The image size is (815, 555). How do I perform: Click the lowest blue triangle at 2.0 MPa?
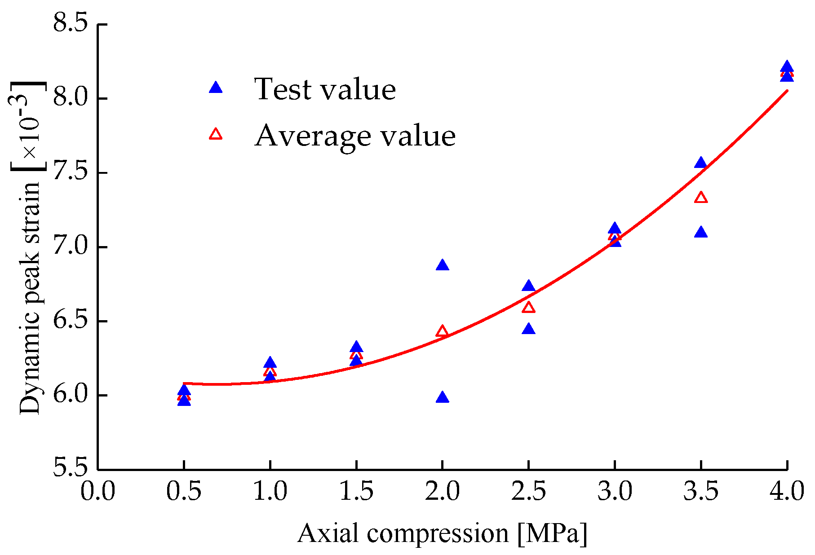point(442,398)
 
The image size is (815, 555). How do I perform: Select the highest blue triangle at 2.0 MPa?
point(442,265)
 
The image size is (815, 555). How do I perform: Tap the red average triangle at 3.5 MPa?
point(701,198)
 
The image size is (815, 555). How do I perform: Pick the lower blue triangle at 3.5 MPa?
point(701,233)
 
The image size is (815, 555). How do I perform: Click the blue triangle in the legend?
point(216,88)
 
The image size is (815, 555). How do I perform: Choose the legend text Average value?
point(355,136)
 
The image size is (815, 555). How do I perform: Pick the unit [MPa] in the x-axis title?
point(552,533)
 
